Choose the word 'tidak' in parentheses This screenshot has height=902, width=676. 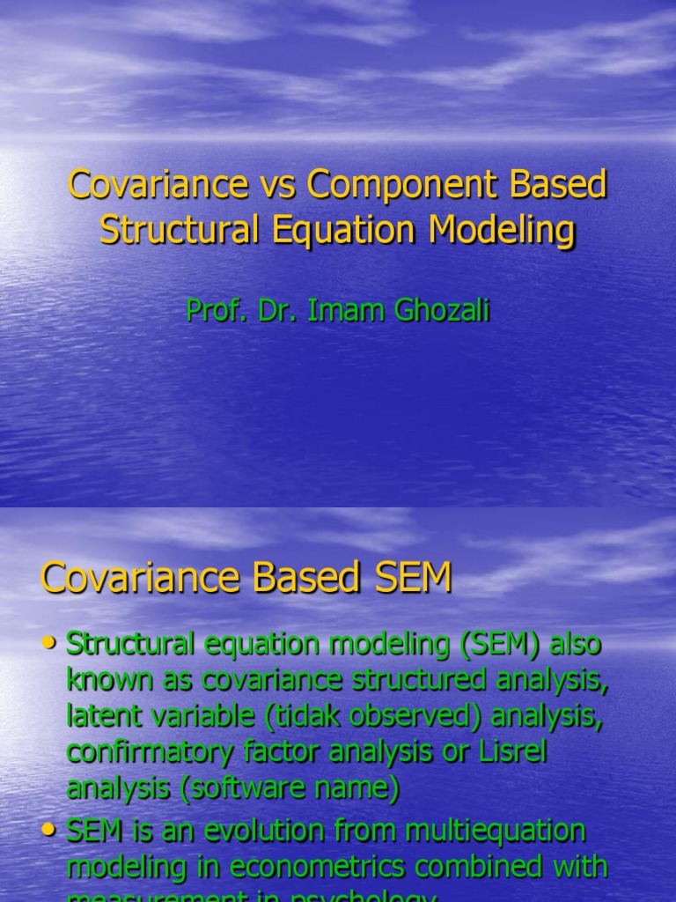point(310,716)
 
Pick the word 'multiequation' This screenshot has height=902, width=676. point(499,830)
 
